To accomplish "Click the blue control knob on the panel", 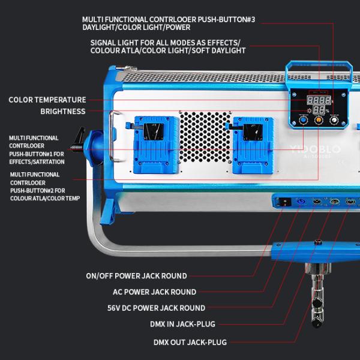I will (x=303, y=120).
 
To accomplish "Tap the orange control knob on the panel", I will (x=319, y=120).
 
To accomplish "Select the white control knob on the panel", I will (x=334, y=120).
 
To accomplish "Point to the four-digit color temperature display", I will (x=319, y=100).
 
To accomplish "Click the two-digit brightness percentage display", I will (x=320, y=110).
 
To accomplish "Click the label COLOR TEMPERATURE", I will (x=47, y=100).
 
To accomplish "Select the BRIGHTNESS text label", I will (x=63, y=112).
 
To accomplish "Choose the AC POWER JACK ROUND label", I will (x=155, y=292).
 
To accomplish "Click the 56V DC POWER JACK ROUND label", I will (x=156, y=308).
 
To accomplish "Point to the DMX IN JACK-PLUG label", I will (x=178, y=324).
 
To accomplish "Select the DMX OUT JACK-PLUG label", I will (x=190, y=343).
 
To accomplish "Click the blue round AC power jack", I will (x=299, y=202).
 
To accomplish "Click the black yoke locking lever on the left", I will (x=77, y=142).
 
